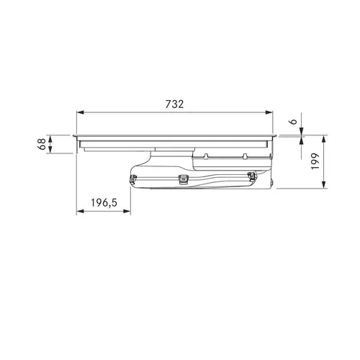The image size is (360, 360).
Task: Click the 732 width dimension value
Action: [x=174, y=104]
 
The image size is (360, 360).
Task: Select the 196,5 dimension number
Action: [x=104, y=203]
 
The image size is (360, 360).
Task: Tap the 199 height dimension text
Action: [x=315, y=161]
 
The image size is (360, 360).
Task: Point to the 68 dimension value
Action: [x=42, y=144]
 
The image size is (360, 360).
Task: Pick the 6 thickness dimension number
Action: [x=293, y=122]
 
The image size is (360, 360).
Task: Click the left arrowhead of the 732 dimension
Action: [x=80, y=112]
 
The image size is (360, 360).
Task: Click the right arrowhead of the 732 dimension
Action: [x=269, y=112]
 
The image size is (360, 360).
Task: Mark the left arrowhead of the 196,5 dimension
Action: [x=80, y=211]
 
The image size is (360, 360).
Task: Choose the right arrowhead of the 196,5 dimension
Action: [x=127, y=211]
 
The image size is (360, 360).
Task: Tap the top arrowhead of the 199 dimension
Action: [x=324, y=139]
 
